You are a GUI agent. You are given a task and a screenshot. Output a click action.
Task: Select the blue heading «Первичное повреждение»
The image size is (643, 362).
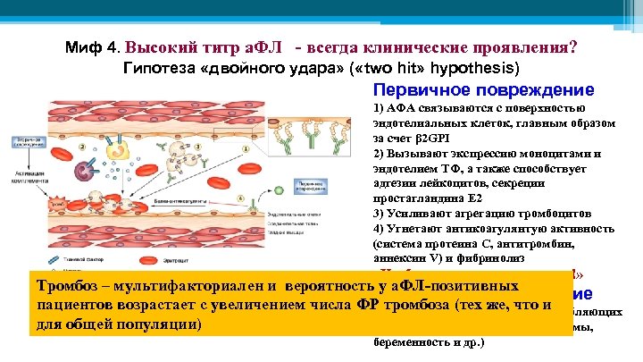[483, 90]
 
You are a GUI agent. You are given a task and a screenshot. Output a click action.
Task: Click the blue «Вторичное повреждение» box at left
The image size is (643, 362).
[31, 142]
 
